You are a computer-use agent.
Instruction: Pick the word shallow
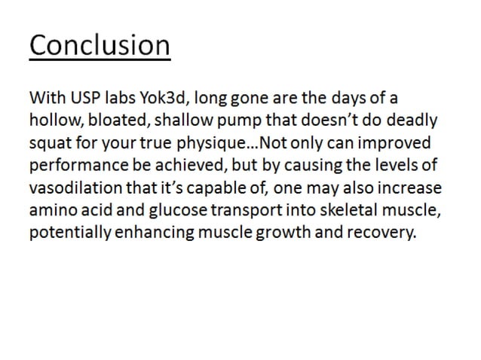coord(178,121)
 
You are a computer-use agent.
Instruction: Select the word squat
coord(50,144)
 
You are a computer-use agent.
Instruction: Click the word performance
coord(74,166)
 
